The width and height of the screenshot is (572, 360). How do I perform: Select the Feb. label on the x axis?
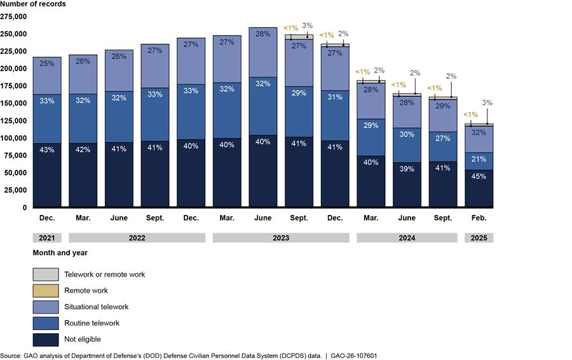479,218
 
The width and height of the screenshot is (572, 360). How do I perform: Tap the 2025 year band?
479,238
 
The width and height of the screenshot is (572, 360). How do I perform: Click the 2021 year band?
47,238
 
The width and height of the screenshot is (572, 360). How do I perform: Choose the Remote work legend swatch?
46,291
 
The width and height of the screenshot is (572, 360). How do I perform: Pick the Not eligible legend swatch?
46,340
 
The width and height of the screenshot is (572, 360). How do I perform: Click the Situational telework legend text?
96,307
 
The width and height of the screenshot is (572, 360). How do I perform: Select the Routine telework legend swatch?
46,323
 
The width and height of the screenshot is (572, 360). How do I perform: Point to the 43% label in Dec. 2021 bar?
47,150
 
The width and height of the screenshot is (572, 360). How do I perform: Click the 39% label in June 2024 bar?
407,169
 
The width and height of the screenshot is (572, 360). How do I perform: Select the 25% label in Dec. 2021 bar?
47,64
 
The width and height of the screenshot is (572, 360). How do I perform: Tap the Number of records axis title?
32,4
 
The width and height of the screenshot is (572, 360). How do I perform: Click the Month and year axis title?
60,253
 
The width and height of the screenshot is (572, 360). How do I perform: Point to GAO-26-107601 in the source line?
350,356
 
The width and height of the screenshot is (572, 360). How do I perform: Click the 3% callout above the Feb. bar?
487,102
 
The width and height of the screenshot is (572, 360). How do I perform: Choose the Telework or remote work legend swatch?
46,274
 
